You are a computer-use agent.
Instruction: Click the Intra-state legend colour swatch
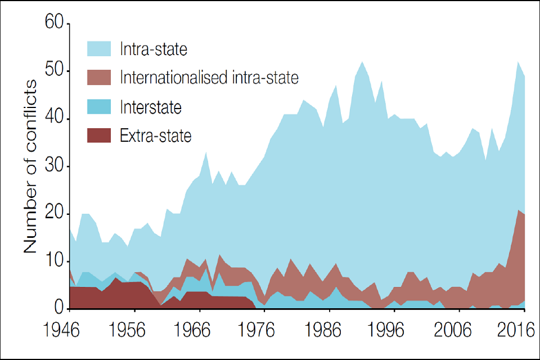click(x=100, y=48)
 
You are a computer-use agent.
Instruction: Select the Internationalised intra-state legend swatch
click(x=100, y=77)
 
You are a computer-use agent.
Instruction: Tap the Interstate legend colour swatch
click(x=100, y=106)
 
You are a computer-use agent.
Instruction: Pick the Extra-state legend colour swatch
click(x=100, y=135)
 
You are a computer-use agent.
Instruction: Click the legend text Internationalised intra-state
click(x=209, y=77)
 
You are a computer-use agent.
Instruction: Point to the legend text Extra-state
click(x=156, y=135)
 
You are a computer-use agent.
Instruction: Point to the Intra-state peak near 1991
click(x=362, y=62)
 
